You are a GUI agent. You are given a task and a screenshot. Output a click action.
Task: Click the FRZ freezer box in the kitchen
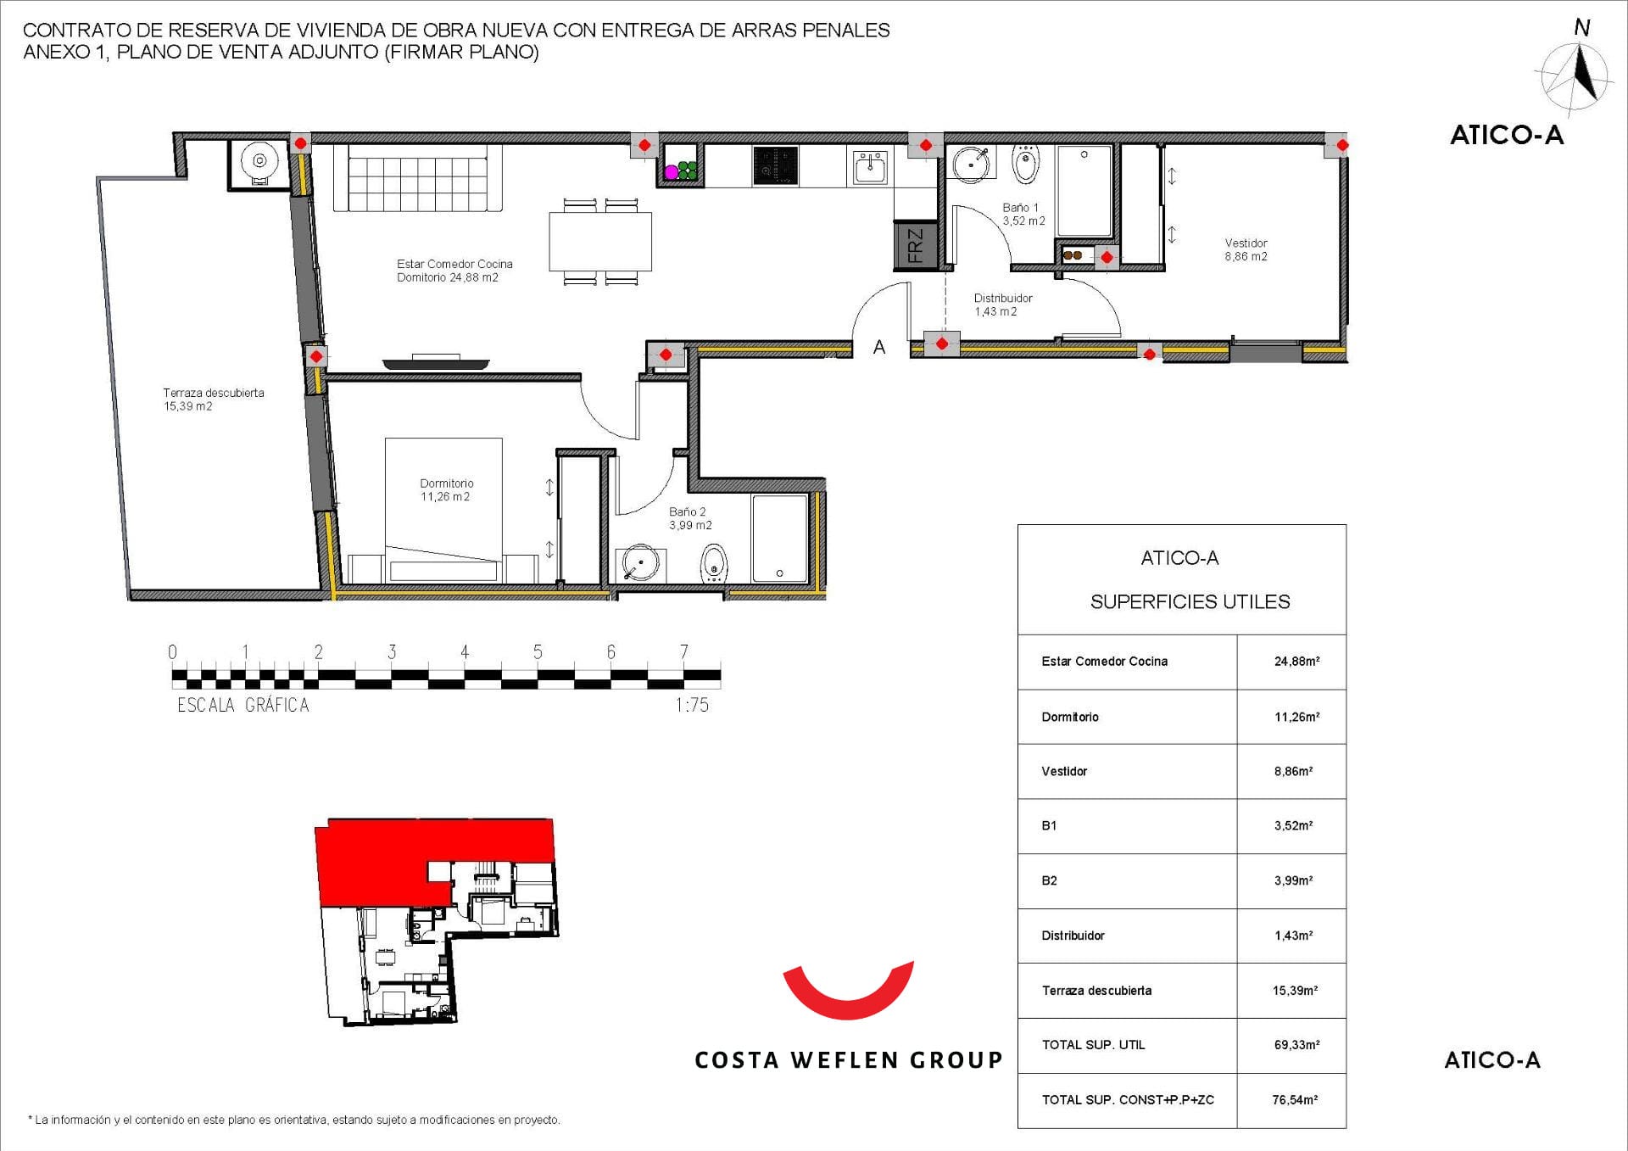click(916, 246)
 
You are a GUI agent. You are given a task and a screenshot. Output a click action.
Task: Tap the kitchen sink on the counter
click(870, 167)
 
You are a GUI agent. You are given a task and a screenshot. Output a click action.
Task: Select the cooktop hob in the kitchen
click(776, 165)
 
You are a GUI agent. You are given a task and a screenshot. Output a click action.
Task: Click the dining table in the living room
click(600, 242)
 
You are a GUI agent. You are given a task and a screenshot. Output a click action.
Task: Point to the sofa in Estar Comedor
click(417, 178)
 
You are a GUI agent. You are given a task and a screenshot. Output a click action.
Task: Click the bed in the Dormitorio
click(443, 510)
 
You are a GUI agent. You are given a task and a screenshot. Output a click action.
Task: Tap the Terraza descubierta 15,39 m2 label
click(213, 399)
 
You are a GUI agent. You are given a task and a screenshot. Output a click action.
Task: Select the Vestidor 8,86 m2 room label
click(1246, 249)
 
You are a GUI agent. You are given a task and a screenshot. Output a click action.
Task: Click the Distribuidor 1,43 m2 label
click(1002, 305)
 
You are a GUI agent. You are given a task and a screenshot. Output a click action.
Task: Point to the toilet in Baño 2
click(714, 562)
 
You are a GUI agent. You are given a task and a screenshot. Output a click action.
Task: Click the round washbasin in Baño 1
click(972, 164)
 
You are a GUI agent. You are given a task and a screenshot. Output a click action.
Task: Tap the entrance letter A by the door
click(879, 347)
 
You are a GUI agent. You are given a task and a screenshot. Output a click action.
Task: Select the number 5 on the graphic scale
click(538, 651)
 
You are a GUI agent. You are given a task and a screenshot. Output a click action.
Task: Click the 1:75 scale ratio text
click(692, 705)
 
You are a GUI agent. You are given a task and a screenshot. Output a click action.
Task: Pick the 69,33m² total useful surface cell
click(1296, 1045)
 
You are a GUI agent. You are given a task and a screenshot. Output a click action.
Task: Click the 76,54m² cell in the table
click(1295, 1100)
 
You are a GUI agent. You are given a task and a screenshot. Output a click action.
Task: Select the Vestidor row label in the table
click(1064, 771)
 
